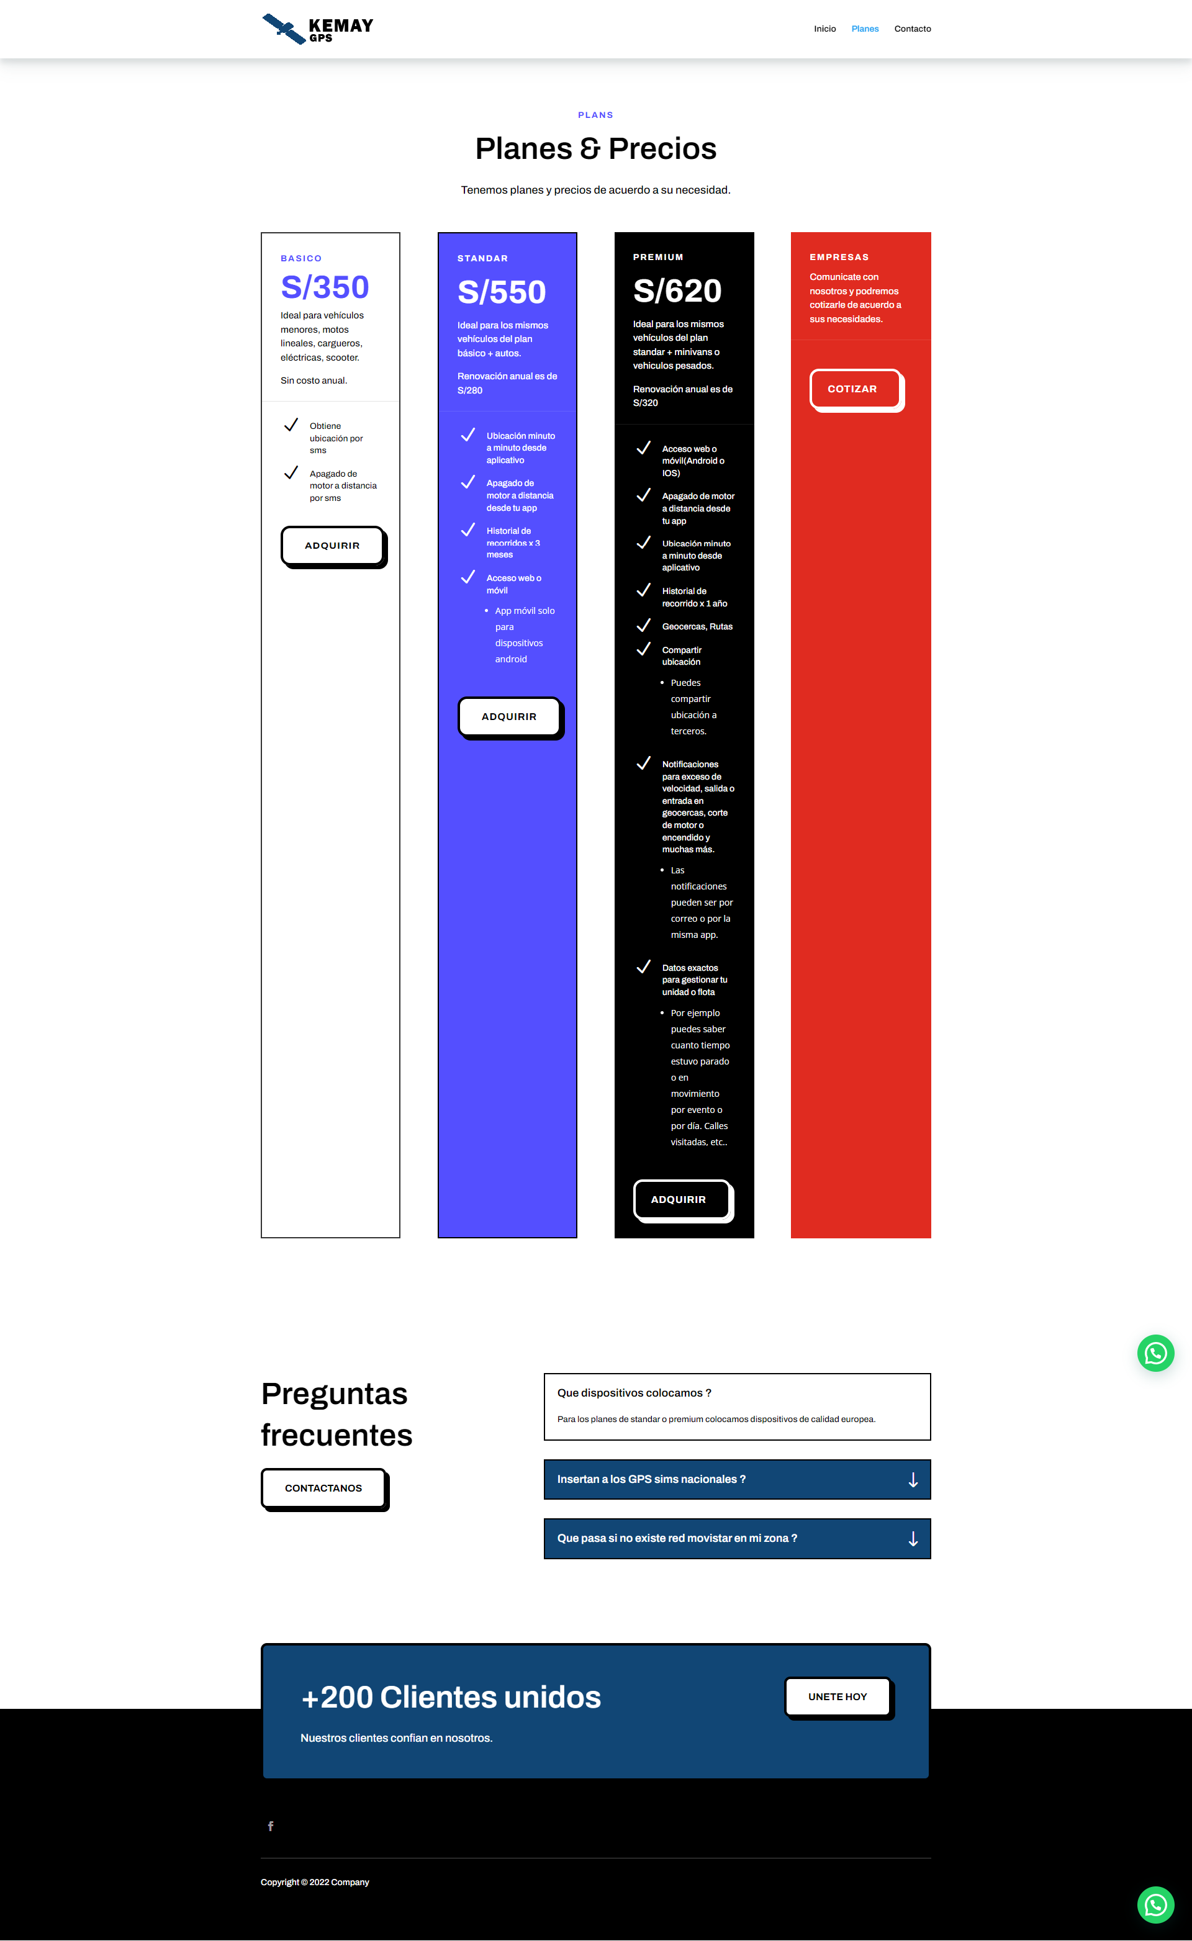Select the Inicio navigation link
pos(824,29)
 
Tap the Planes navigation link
pos(865,29)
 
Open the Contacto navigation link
pos(912,29)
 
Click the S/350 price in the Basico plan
pos(325,287)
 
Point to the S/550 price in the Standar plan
pos(502,292)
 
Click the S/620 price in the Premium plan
pos(677,290)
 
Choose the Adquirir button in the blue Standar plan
pos(509,716)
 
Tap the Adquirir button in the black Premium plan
pos(679,1199)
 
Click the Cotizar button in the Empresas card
pos(852,389)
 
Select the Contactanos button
pos(323,1488)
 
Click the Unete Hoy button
pos(838,1696)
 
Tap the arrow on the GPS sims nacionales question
pos(913,1480)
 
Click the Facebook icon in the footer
pos(271,1826)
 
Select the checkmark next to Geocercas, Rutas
pos(643,626)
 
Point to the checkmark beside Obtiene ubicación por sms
pos(291,426)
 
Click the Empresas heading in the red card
pos(839,258)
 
